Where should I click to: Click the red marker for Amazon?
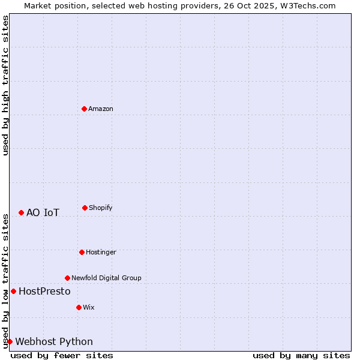[x=85, y=109]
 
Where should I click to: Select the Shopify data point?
[x=85, y=208]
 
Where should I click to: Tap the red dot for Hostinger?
[x=82, y=252]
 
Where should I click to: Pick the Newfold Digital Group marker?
[x=67, y=278]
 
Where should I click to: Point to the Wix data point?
[x=79, y=307]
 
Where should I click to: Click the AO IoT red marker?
[x=21, y=212]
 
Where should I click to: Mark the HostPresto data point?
[x=13, y=291]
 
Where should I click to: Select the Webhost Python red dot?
[x=10, y=341]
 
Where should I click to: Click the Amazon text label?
[x=101, y=109]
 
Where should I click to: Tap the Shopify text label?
[x=101, y=208]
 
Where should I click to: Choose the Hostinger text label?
[x=101, y=252]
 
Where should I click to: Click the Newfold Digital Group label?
[x=106, y=278]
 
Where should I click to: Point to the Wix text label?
[x=89, y=307]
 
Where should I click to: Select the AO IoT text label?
[x=43, y=212]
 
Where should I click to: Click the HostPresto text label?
[x=44, y=291]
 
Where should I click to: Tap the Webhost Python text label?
[x=54, y=341]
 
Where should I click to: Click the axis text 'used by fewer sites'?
[x=62, y=355]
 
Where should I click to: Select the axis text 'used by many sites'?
[x=301, y=355]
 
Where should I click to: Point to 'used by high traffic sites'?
[x=5, y=86]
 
